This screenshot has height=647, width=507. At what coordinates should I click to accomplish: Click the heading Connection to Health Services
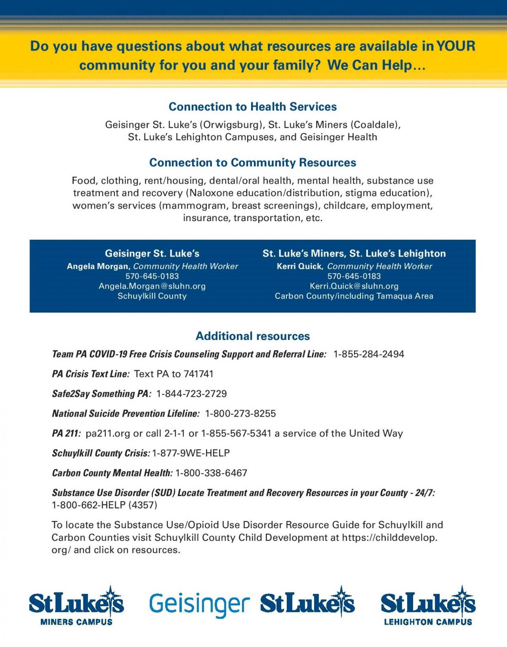click(x=253, y=107)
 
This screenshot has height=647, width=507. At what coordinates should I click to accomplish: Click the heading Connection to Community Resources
click(x=253, y=163)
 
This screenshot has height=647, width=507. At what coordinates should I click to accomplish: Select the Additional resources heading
click(x=253, y=336)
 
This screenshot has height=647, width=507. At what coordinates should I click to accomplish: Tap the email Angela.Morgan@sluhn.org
click(x=152, y=286)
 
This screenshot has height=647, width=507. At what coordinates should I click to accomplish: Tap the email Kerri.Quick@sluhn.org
click(x=354, y=286)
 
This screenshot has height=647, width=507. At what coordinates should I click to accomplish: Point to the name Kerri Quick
click(x=299, y=266)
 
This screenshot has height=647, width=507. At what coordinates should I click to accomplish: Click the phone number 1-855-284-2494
click(x=368, y=354)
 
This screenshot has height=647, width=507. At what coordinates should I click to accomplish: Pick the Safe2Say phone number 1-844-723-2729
click(x=191, y=394)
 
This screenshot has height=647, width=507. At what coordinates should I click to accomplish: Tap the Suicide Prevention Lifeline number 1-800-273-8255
click(x=240, y=414)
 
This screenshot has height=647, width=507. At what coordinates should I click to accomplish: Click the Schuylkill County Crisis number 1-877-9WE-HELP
click(x=191, y=453)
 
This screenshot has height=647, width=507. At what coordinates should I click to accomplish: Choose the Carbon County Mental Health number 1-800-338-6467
click(x=211, y=473)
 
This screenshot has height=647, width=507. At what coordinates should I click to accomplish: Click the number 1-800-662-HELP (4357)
click(x=104, y=505)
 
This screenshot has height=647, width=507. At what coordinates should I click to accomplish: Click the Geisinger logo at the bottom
click(x=199, y=604)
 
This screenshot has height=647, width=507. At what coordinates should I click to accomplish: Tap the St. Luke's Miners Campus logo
click(x=76, y=606)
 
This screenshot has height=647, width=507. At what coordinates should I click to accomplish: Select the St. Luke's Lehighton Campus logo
click(x=428, y=606)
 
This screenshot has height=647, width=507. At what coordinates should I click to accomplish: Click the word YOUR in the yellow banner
click(x=456, y=46)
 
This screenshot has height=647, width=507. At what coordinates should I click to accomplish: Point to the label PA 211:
click(x=66, y=433)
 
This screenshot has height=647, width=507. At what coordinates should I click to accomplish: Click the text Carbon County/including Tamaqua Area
click(x=354, y=296)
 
